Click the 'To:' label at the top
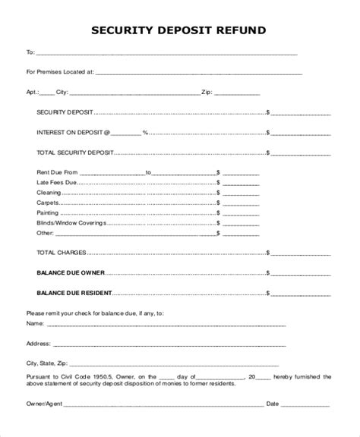(x=30, y=53)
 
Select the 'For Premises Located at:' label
(x=60, y=73)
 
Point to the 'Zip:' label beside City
(x=206, y=93)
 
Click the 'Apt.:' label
(x=33, y=93)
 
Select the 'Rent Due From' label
(x=57, y=172)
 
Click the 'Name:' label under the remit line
(x=35, y=322)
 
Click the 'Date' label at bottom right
(x=272, y=403)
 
